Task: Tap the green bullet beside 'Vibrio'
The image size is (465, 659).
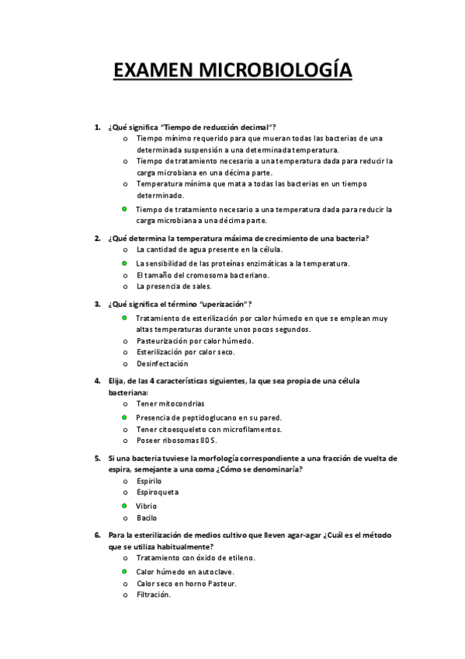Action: (x=123, y=506)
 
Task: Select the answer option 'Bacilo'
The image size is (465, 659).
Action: (x=147, y=518)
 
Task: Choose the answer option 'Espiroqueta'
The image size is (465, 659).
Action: (x=158, y=492)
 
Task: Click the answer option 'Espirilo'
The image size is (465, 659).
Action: (x=149, y=481)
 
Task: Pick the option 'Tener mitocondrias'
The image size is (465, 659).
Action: (x=171, y=403)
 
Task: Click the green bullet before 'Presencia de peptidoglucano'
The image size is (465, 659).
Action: (x=123, y=417)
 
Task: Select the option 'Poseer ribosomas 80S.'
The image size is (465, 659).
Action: (x=175, y=440)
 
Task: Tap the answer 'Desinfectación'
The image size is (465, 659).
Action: (x=162, y=363)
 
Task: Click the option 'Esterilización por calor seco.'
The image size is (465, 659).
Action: (x=186, y=351)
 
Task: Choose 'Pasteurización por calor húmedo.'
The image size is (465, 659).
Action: (x=195, y=340)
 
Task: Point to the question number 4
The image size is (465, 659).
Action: (x=97, y=381)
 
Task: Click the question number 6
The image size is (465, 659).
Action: (x=97, y=535)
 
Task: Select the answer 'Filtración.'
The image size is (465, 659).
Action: (x=154, y=594)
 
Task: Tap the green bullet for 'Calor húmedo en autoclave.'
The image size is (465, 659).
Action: (x=123, y=571)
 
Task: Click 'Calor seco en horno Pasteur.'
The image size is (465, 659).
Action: (x=186, y=583)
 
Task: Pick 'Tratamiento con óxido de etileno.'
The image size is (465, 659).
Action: (x=196, y=557)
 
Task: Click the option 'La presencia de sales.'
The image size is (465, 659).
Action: (x=174, y=286)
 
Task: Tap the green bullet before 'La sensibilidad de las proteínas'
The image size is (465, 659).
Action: (x=123, y=263)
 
